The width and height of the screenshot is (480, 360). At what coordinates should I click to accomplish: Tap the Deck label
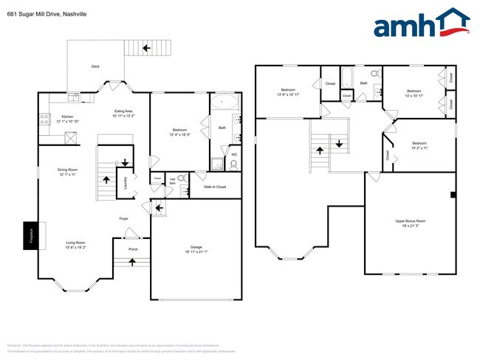(x=95, y=66)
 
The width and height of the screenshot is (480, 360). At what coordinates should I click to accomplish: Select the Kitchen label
(x=67, y=117)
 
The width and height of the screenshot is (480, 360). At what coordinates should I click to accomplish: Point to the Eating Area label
(x=123, y=113)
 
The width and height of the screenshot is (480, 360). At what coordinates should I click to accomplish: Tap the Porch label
(x=133, y=249)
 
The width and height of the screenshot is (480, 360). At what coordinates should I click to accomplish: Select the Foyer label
(x=124, y=218)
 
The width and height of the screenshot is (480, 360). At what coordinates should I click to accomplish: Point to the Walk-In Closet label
(x=216, y=187)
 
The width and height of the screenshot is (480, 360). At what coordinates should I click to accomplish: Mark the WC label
(x=234, y=154)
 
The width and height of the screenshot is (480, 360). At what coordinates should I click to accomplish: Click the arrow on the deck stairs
(x=147, y=49)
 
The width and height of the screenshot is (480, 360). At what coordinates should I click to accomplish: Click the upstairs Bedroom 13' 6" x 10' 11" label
(x=287, y=93)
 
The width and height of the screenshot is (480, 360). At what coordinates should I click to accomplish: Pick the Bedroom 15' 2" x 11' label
(x=419, y=145)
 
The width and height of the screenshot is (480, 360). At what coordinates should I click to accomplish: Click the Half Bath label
(x=171, y=181)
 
